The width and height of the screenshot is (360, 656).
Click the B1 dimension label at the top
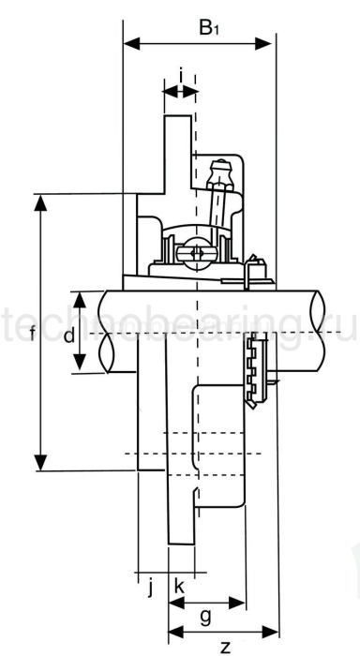tap(211, 27)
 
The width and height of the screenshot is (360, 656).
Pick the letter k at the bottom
tap(180, 587)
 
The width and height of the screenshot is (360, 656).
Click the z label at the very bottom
tap(225, 646)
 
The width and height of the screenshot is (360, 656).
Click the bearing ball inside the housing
tap(196, 251)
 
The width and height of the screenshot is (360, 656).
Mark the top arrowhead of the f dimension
tap(40, 201)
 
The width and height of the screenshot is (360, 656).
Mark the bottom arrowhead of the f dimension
tap(40, 464)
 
